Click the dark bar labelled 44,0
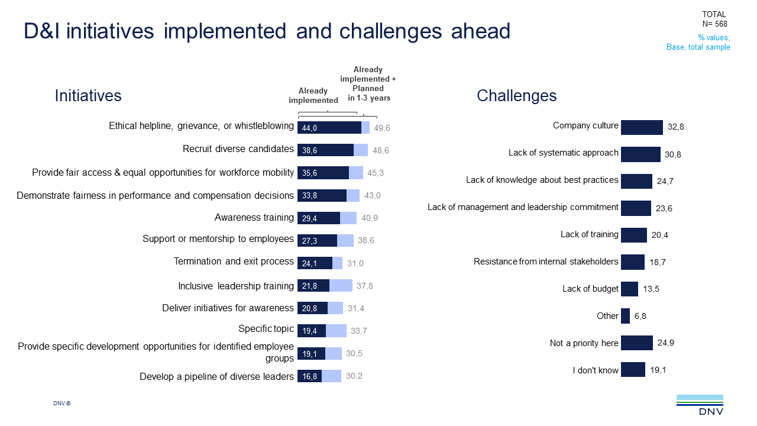pos(329,128)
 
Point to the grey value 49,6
pos(382,128)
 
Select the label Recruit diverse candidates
pos(238,149)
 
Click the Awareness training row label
pos(254,218)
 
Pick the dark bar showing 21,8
pos(313,286)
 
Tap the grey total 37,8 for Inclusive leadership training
pos(364,286)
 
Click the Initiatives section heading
pos(88,96)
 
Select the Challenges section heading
pos(516,96)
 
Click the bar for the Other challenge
pos(625,316)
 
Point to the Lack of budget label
pos(590,289)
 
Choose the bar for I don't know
pos(633,370)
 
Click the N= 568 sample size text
pos(714,24)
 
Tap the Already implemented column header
pos(313,95)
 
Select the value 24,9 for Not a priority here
pos(666,343)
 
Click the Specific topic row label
pos(266,329)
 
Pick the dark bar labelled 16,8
pos(309,376)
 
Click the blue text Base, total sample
pos(698,47)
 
